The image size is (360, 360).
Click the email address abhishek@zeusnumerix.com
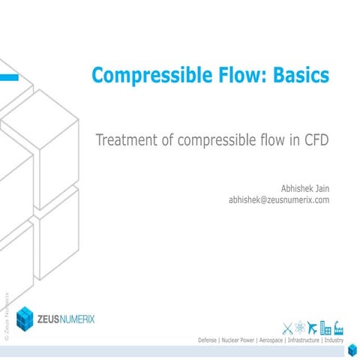(279, 200)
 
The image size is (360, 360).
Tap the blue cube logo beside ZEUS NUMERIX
(25, 318)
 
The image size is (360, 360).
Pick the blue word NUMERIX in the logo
(91, 319)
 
